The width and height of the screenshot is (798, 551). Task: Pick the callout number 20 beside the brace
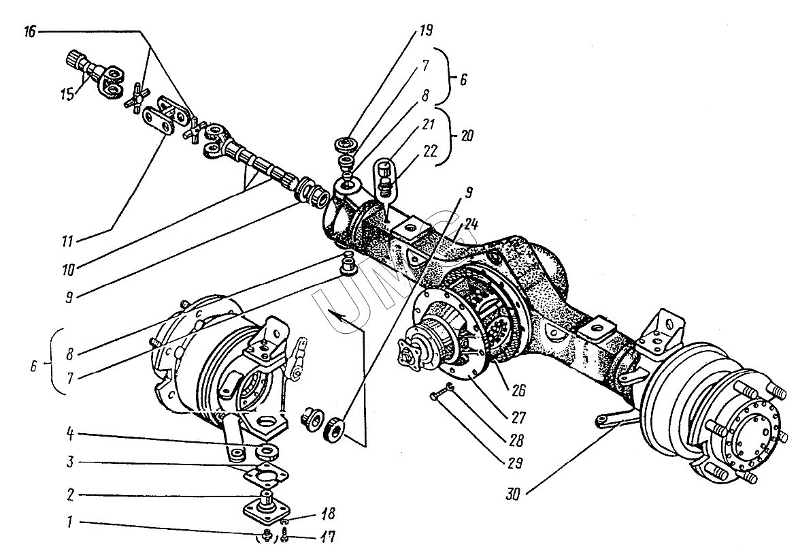pos(467,136)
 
